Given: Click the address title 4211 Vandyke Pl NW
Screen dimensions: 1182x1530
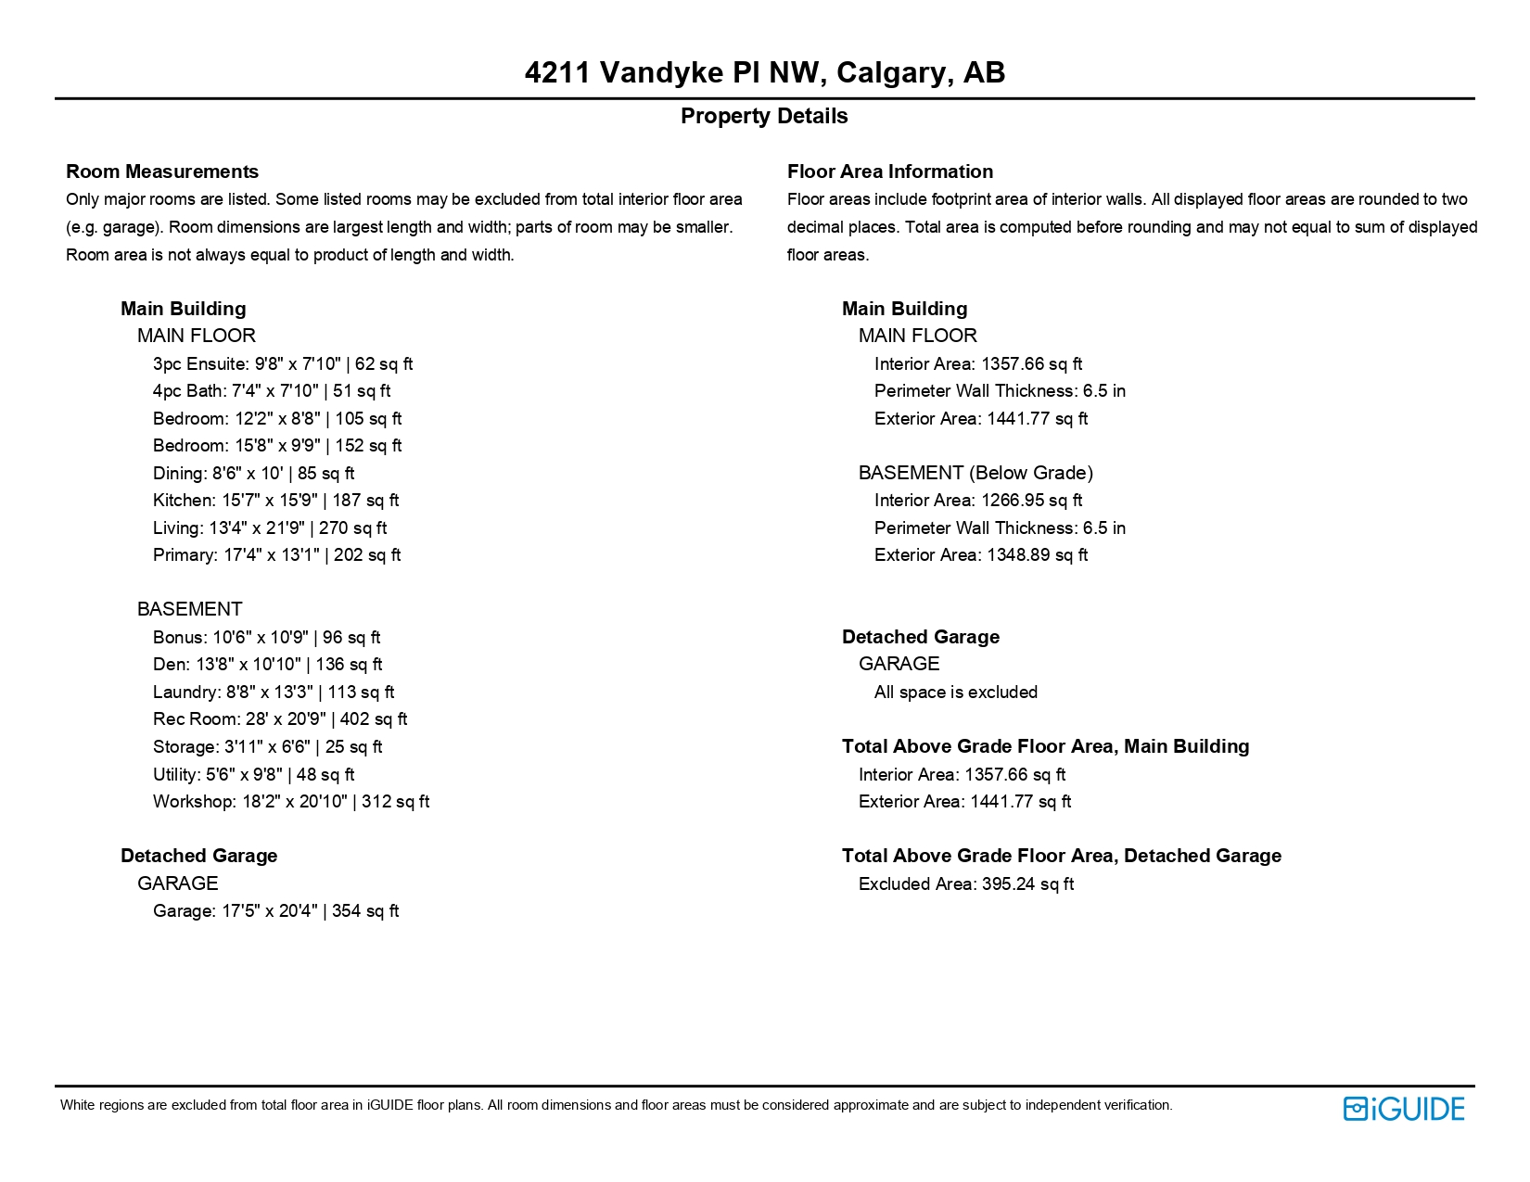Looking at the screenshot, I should click(764, 72).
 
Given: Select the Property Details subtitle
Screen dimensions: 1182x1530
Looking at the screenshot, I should click(764, 116).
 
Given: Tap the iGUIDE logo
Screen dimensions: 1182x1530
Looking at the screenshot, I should click(1403, 1109).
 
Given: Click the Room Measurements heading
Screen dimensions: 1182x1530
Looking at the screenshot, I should click(162, 172).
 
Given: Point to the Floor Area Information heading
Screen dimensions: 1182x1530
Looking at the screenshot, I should click(889, 172).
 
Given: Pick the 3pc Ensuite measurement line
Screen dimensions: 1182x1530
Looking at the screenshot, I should click(283, 364).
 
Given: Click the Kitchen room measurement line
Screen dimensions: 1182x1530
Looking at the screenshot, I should click(275, 501).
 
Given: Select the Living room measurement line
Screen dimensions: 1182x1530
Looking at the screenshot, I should click(270, 528).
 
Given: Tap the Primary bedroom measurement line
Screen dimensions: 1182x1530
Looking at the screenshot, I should click(276, 555).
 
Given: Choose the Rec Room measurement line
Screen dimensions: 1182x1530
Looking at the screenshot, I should click(280, 719).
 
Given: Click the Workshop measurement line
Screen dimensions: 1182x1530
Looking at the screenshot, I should click(291, 802).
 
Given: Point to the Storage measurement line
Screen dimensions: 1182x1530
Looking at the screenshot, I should click(267, 747).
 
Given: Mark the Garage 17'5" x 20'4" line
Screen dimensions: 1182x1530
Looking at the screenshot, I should click(275, 911).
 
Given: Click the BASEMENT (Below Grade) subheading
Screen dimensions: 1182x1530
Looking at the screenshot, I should click(975, 473).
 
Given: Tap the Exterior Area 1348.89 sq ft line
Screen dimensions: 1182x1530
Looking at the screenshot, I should click(981, 555).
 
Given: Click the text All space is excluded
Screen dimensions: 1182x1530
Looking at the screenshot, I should click(955, 693).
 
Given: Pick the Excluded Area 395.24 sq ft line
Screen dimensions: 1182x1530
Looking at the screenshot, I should click(965, 884).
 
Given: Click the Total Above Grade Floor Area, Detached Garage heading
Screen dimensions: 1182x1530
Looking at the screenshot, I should click(1061, 856).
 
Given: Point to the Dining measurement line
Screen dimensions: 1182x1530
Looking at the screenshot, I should click(253, 474).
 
